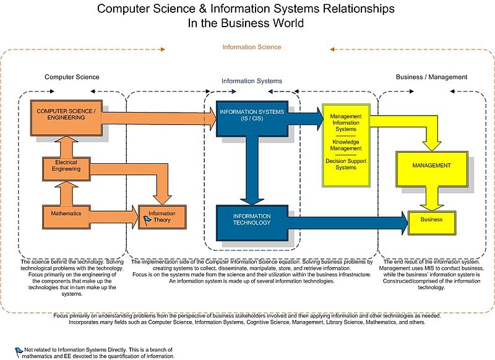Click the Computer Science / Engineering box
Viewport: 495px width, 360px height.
[x=66, y=118]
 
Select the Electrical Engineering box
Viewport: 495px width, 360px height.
[x=66, y=169]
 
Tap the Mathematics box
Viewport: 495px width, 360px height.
[x=66, y=216]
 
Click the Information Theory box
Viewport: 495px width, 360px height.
[x=163, y=216]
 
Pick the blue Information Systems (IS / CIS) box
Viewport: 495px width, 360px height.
[x=252, y=119]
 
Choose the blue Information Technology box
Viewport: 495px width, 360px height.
[x=252, y=223]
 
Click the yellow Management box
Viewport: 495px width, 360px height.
[x=431, y=169]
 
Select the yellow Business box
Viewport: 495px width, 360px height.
[x=431, y=223]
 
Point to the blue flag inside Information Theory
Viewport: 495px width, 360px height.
[x=147, y=220]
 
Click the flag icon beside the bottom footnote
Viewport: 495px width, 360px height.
[x=19, y=353]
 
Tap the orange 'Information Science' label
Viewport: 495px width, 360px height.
[x=252, y=47]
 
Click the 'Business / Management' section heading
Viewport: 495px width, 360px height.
[x=431, y=77]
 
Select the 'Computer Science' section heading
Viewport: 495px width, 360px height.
[x=72, y=77]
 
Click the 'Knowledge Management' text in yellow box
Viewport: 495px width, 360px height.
[x=346, y=145]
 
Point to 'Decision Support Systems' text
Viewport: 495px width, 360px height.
[x=346, y=164]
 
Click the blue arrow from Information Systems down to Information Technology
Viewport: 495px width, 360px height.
[x=252, y=171]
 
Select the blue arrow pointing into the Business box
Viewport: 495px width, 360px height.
[x=348, y=223]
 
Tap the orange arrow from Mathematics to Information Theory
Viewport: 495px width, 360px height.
[x=114, y=216]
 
